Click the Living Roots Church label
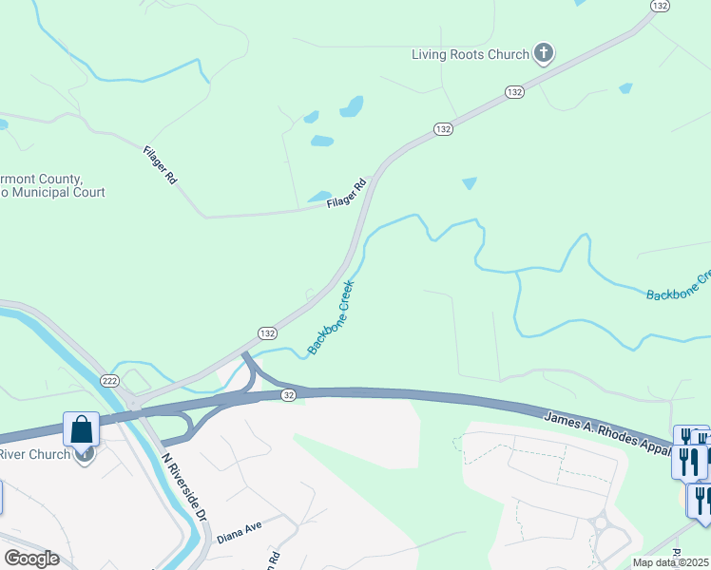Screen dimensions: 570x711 click(x=470, y=54)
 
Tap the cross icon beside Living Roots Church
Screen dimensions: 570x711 click(x=544, y=53)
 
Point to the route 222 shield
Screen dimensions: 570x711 click(x=110, y=380)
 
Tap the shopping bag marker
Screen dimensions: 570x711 click(x=83, y=429)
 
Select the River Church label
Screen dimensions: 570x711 click(x=35, y=454)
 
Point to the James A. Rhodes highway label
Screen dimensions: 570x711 click(x=608, y=430)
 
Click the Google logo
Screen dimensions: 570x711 click(x=30, y=559)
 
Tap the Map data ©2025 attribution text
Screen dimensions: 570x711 click(x=671, y=562)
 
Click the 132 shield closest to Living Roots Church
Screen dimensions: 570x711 click(x=514, y=91)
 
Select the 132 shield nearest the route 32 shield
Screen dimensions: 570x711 click(x=267, y=333)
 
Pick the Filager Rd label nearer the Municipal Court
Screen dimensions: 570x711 click(x=160, y=164)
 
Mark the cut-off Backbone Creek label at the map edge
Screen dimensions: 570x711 click(x=679, y=287)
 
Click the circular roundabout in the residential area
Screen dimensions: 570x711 click(x=601, y=522)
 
